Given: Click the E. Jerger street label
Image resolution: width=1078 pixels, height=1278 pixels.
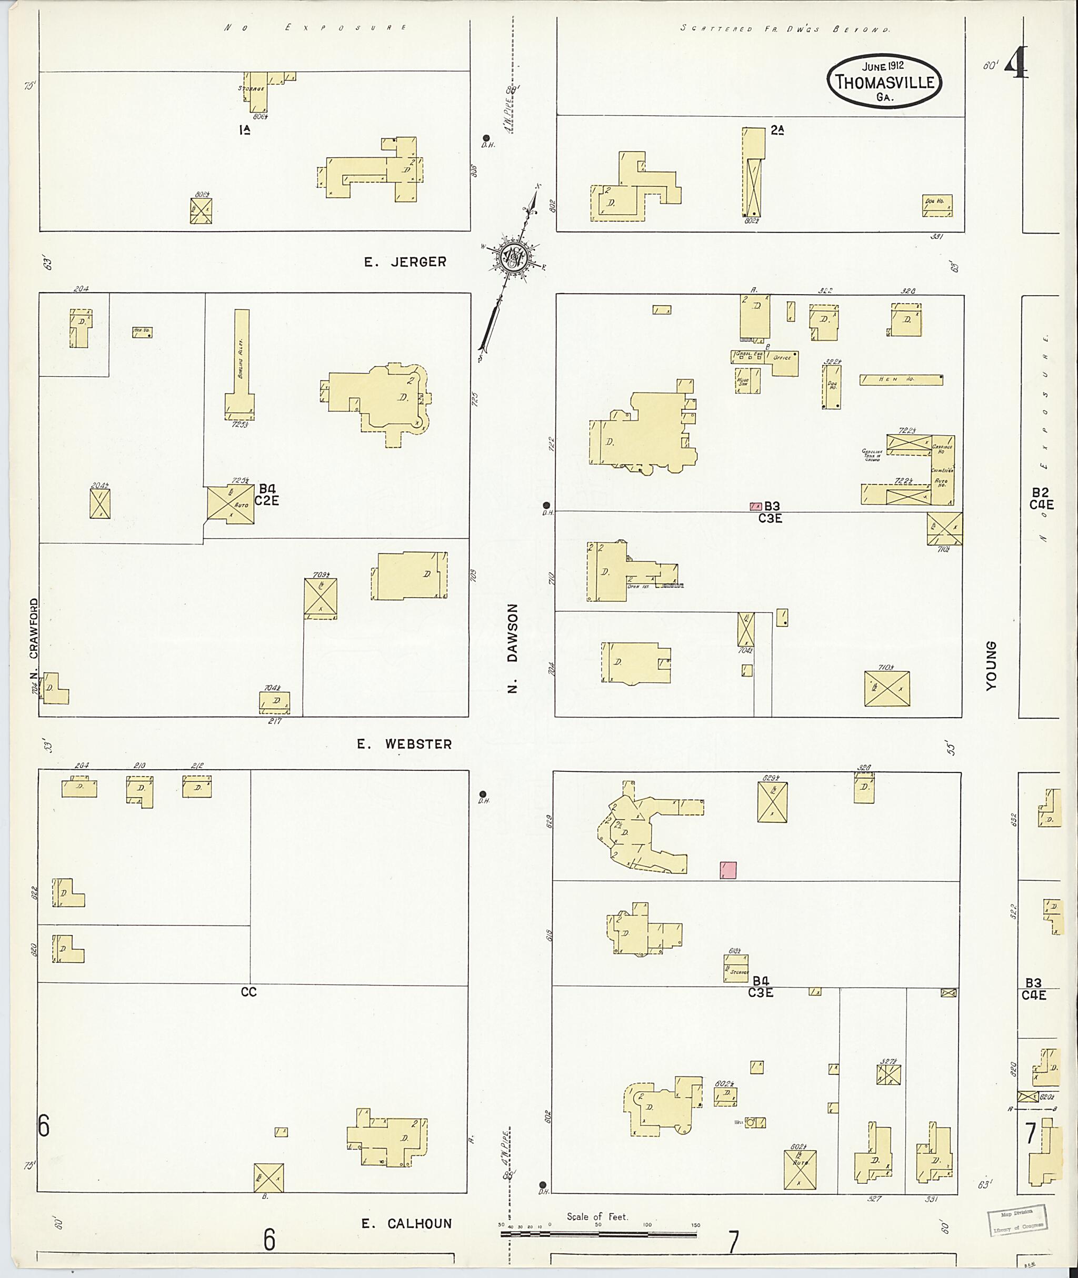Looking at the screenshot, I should tap(405, 262).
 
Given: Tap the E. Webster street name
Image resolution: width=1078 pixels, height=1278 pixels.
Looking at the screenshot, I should tap(405, 744).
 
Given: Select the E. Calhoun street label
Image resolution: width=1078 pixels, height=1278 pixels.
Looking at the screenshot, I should tap(406, 1224).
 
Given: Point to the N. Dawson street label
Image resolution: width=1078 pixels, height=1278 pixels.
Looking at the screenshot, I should tap(513, 648).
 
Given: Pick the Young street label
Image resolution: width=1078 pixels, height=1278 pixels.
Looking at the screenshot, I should tap(991, 666).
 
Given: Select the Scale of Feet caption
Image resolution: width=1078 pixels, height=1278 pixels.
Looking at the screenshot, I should tap(596, 1216).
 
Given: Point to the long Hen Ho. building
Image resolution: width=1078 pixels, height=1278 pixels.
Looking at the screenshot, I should tap(900, 379).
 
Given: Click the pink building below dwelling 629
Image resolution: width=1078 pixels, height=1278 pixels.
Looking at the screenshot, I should tap(728, 870).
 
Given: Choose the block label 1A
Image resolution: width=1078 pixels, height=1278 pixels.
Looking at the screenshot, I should tap(244, 129).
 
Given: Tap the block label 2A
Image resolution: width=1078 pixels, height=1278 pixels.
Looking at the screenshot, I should tap(777, 129).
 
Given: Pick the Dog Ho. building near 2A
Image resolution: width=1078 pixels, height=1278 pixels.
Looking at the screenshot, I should tap(937, 205).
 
